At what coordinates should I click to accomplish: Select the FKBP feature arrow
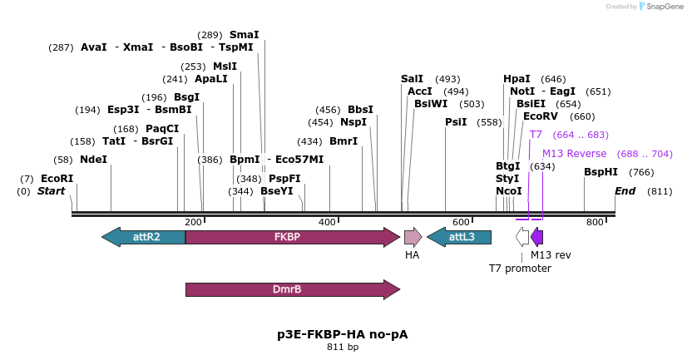292,237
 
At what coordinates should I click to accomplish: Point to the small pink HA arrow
413,237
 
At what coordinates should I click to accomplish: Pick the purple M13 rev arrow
537,237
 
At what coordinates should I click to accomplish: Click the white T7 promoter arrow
522,237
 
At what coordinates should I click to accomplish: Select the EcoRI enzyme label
57,179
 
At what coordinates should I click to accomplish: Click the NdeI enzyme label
94,160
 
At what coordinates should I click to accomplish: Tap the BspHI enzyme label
601,172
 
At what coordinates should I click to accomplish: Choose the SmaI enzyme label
244,35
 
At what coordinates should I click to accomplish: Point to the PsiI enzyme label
456,122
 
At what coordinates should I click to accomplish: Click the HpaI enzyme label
516,79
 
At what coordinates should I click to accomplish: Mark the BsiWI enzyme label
431,104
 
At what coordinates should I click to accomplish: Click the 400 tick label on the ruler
327,222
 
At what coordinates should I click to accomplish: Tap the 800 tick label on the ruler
595,222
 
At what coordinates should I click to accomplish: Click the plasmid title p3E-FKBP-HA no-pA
343,334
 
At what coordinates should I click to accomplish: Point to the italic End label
625,191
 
